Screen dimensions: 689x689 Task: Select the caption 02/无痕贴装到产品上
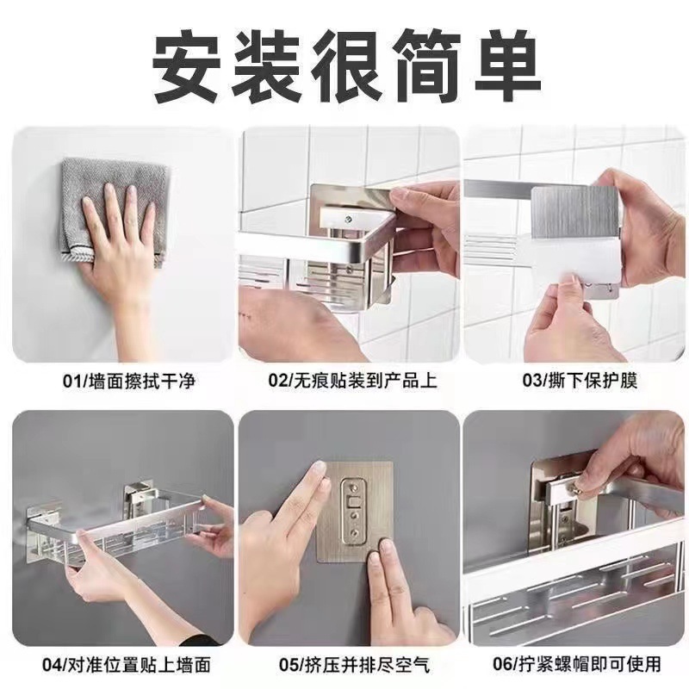click(349, 380)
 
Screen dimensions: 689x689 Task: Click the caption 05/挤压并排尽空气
click(349, 664)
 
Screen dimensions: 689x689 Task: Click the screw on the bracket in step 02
click(349, 221)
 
